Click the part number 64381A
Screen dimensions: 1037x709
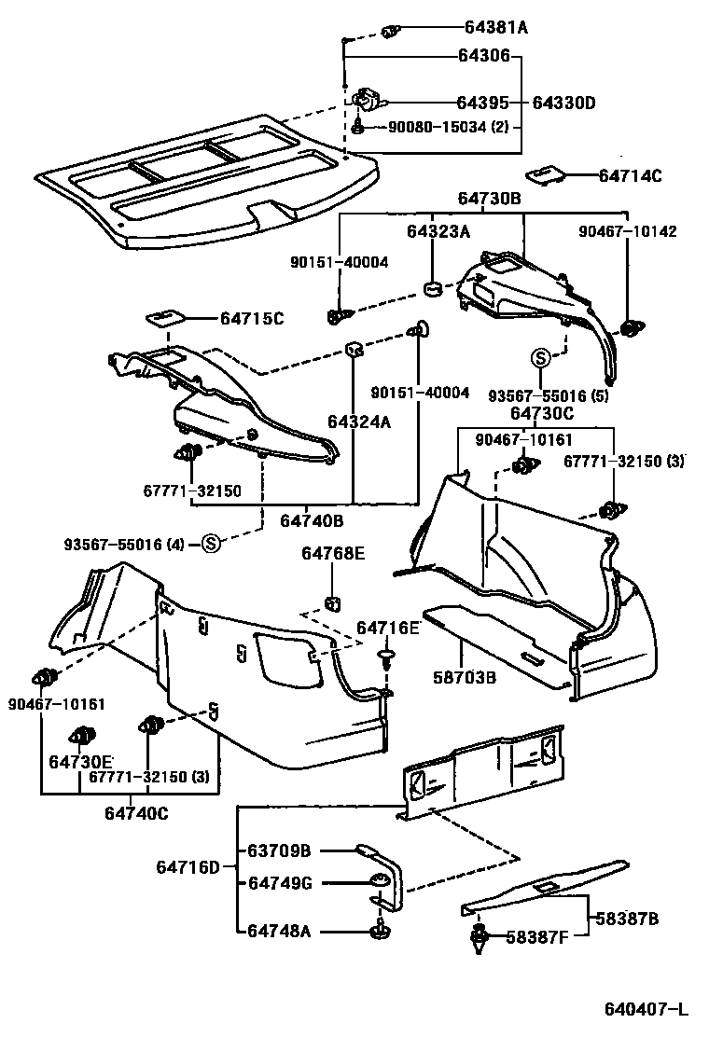pos(495,28)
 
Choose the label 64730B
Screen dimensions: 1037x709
pos(489,199)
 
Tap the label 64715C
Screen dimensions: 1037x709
pos(251,319)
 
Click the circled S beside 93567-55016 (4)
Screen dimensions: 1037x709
pos(211,544)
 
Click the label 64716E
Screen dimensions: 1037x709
pos(388,629)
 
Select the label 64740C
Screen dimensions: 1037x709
pos(136,813)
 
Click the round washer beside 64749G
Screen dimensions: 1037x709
pos(380,880)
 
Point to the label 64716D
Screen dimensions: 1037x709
pos(187,867)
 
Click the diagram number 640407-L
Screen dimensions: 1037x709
pos(644,1009)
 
